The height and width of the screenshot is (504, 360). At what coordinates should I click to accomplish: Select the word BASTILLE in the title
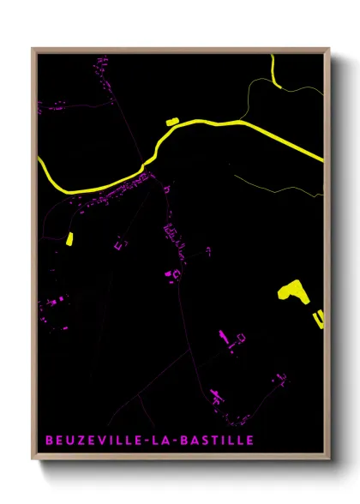[x=219, y=441]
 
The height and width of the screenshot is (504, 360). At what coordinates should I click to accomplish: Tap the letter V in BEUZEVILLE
[x=105, y=441]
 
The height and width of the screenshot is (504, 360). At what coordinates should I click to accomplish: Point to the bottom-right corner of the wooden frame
[x=328, y=459]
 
